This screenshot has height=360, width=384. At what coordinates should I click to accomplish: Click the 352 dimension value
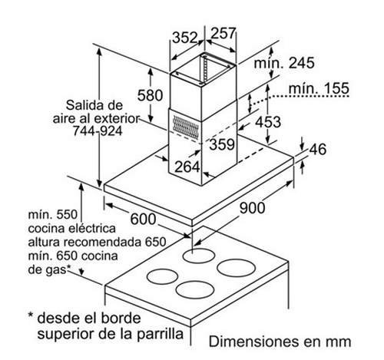click(185, 38)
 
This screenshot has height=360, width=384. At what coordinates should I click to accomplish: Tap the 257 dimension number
click(223, 33)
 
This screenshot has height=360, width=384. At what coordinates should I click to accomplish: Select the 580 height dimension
click(150, 95)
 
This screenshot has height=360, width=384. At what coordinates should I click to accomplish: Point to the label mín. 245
click(284, 63)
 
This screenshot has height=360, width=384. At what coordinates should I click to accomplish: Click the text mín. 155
click(319, 88)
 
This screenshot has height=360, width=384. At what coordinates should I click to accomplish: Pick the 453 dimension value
click(268, 122)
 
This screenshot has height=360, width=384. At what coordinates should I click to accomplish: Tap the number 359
click(222, 144)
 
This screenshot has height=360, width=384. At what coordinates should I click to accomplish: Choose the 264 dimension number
click(187, 167)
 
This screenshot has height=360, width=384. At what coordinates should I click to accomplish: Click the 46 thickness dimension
click(318, 149)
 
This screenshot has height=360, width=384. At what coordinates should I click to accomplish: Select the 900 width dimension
click(252, 207)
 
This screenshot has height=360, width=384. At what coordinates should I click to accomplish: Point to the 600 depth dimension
click(143, 220)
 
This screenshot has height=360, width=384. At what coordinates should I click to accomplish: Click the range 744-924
click(98, 131)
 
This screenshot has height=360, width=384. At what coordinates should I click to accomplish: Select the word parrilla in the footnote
click(161, 334)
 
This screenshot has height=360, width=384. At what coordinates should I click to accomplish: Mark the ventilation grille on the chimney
click(186, 126)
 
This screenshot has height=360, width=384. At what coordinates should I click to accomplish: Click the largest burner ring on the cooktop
click(236, 268)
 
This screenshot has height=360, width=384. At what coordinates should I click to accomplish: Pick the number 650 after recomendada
click(156, 242)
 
